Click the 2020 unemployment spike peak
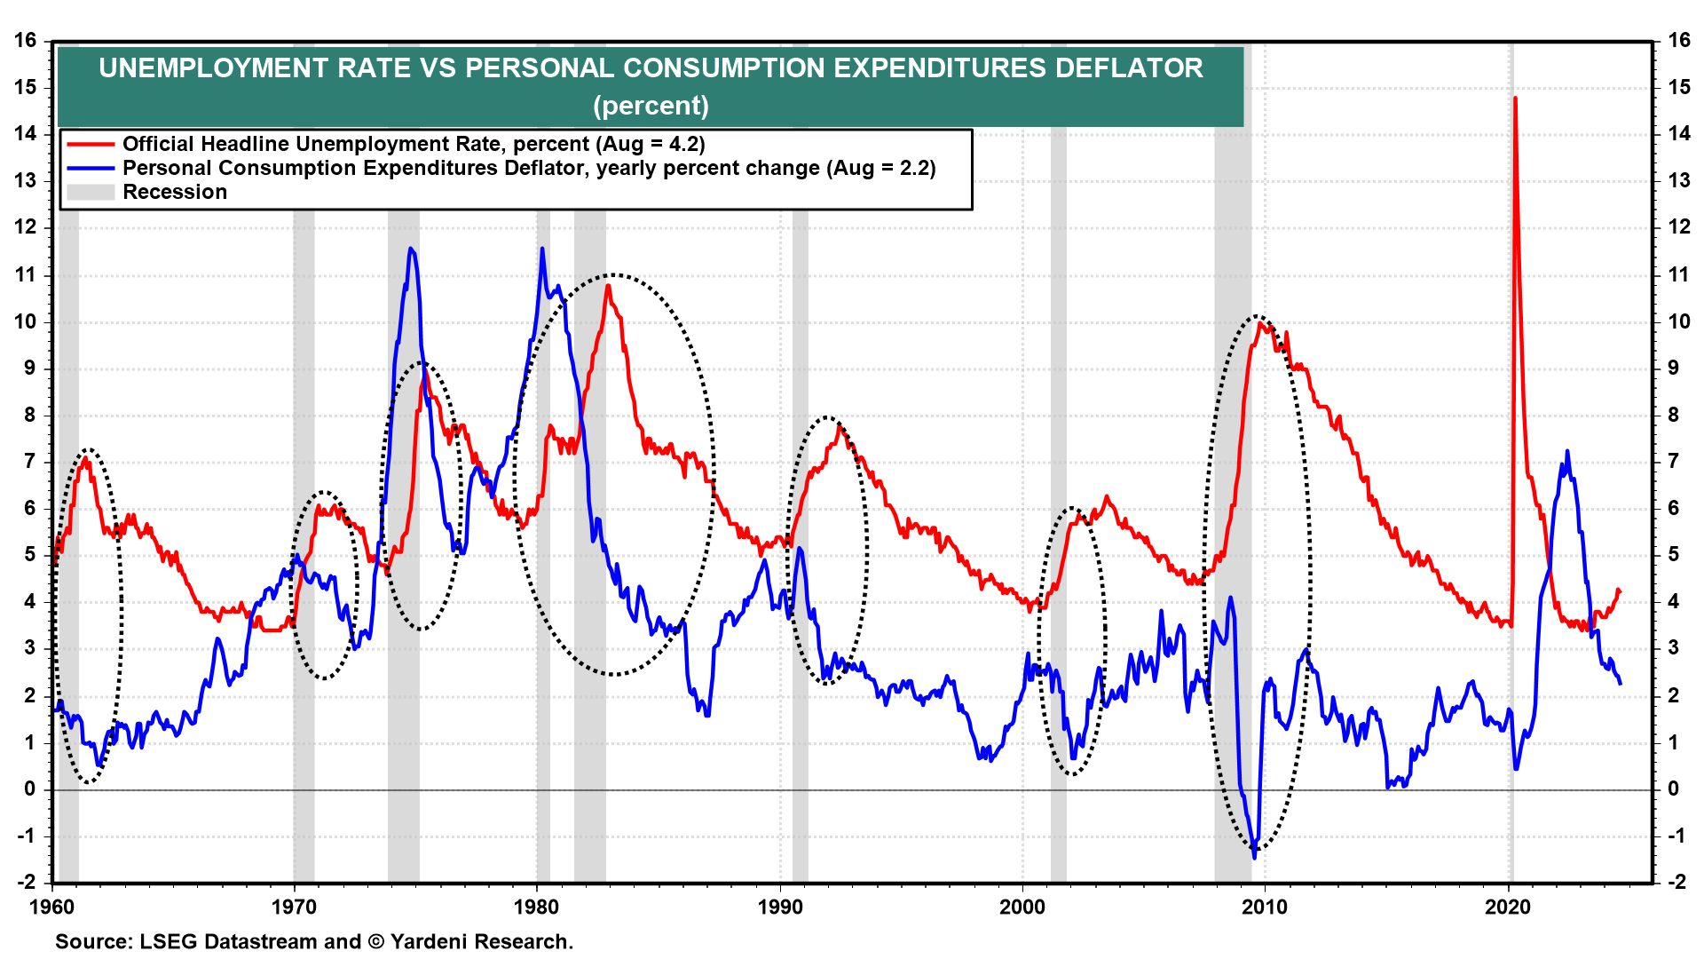1515,99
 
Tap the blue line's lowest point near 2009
1254,857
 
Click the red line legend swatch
91,145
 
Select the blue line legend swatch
91,169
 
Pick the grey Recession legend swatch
91,193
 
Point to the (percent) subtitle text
651,106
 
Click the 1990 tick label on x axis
779,907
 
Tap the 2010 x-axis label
1265,907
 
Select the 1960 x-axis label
52,907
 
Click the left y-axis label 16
26,40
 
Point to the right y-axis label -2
1676,882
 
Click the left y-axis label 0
31,789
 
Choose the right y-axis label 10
1678,321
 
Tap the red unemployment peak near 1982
608,286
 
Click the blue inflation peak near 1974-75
410,249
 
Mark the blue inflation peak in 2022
1567,452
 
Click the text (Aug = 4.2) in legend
651,145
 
